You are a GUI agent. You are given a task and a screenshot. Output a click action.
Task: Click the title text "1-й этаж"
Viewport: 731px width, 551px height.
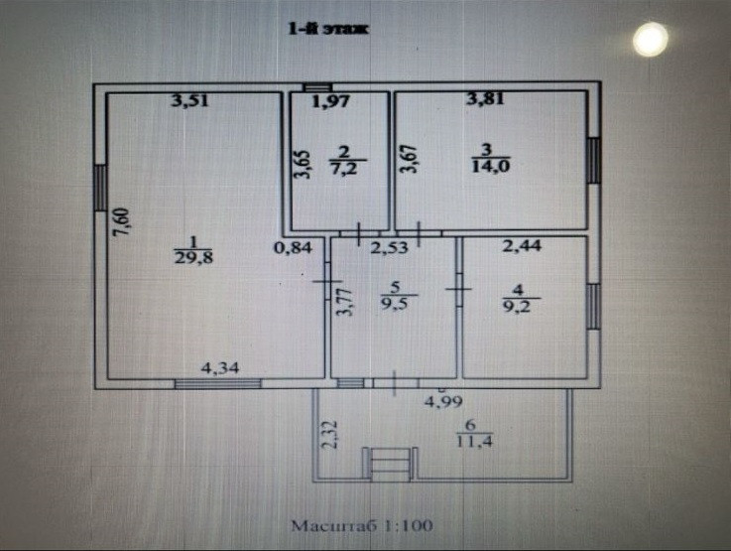point(327,31)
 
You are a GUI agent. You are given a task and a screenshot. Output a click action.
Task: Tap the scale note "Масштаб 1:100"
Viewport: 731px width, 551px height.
point(362,522)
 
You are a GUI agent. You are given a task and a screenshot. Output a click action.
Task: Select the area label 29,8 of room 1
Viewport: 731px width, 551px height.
point(193,257)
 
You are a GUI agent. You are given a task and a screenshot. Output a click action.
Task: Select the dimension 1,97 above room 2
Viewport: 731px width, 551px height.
point(331,99)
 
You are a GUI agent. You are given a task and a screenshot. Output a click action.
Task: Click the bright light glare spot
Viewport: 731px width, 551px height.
point(651,39)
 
